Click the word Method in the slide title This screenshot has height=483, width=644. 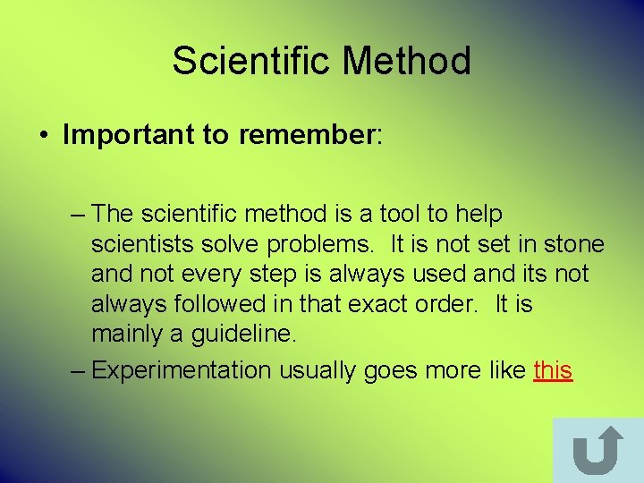[x=407, y=62]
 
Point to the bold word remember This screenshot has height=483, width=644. [x=304, y=135]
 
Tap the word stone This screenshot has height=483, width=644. [x=572, y=245]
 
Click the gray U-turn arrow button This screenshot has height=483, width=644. [x=597, y=450]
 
